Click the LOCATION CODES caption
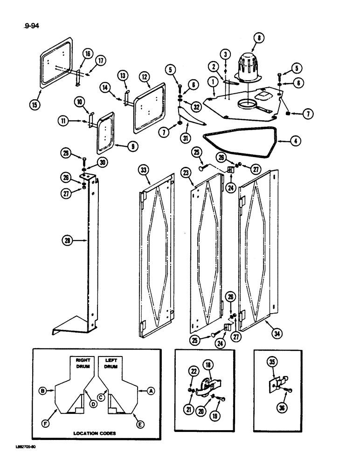pyautogui.click(x=95, y=433)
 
